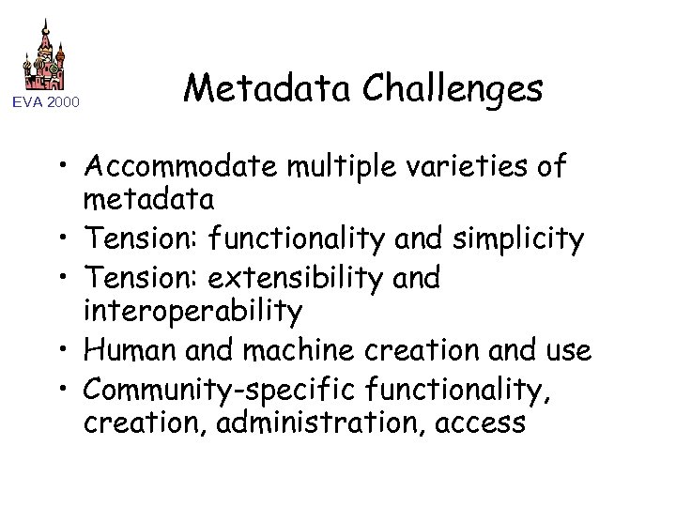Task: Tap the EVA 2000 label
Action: [46, 100]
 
